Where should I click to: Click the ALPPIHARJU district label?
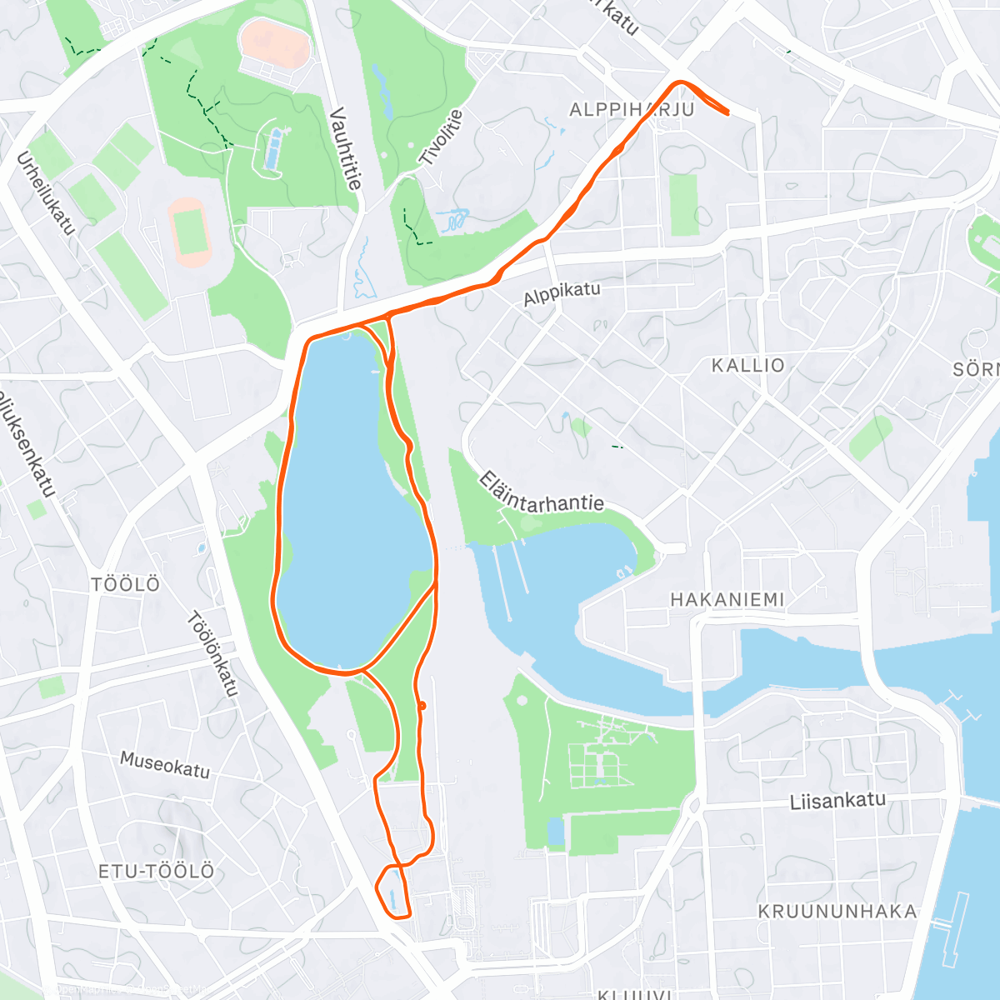coord(631,110)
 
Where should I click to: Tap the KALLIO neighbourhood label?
coord(747,365)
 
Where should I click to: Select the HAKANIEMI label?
coord(727,599)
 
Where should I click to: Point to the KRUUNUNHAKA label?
coord(837,911)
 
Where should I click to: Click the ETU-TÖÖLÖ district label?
coord(157,872)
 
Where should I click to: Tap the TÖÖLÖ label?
coord(126,584)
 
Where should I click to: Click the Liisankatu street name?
coord(837,801)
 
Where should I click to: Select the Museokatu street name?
coord(165,764)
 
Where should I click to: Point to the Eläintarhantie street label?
coord(541,492)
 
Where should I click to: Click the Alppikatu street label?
coord(562,293)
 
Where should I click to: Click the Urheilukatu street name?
coord(46,192)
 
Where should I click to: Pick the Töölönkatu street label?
coord(212,653)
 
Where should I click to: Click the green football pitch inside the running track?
coord(191,231)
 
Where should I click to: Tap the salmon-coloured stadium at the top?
coord(275,43)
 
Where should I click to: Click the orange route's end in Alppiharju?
coord(728,112)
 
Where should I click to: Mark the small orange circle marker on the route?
coord(422,706)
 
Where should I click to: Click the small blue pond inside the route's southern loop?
coord(391,897)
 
